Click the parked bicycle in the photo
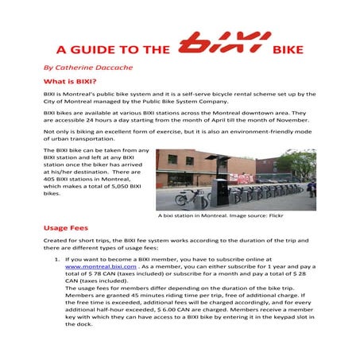coord(186,197)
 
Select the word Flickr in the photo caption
coord(274,215)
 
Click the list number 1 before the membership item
coord(55,260)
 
